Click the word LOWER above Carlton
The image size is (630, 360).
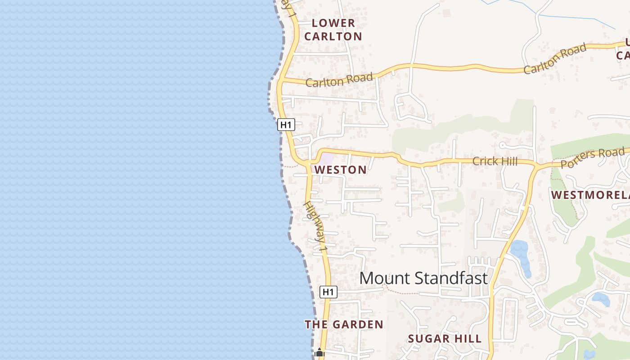333,23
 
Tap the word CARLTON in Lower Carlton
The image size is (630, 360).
333,36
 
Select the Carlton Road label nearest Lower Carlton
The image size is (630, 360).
339,80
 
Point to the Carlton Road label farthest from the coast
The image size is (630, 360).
555,59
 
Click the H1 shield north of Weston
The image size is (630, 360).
286,125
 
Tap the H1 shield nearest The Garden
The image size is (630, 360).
328,292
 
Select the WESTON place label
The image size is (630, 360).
341,170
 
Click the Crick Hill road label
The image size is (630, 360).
495,161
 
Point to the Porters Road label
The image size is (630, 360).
593,157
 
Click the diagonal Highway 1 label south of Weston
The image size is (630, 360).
315,226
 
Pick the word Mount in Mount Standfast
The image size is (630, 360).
382,278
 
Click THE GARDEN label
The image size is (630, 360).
344,324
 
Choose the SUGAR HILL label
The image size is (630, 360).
445,338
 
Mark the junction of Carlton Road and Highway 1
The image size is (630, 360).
280,81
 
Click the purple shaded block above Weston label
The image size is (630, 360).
327,159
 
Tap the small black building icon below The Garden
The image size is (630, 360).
319,353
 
